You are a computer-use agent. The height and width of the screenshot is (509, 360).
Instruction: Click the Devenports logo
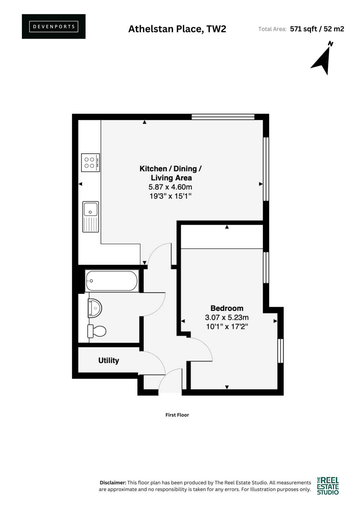(x=54, y=27)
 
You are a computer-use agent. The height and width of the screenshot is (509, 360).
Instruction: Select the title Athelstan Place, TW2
(x=177, y=29)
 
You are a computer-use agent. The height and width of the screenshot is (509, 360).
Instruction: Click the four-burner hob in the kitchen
(x=90, y=162)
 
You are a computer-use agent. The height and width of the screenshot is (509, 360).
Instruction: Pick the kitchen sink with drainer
(x=90, y=217)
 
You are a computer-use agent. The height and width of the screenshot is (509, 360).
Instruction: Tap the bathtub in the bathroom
(x=112, y=281)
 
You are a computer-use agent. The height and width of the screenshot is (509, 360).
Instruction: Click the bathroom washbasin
(x=94, y=308)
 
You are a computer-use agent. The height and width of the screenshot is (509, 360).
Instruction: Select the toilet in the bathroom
(x=96, y=331)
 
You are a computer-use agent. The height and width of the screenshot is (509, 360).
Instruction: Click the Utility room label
(x=109, y=361)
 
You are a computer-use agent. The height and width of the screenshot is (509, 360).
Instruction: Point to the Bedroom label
(x=227, y=308)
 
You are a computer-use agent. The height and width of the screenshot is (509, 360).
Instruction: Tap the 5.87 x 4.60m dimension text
(x=170, y=187)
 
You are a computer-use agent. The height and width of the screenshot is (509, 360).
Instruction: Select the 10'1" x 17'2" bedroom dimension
(x=227, y=326)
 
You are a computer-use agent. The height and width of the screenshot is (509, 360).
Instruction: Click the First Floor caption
(x=177, y=415)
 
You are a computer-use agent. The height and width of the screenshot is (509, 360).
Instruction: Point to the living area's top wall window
(x=223, y=117)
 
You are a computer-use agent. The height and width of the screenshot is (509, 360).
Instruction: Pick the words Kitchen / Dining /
(x=170, y=169)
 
